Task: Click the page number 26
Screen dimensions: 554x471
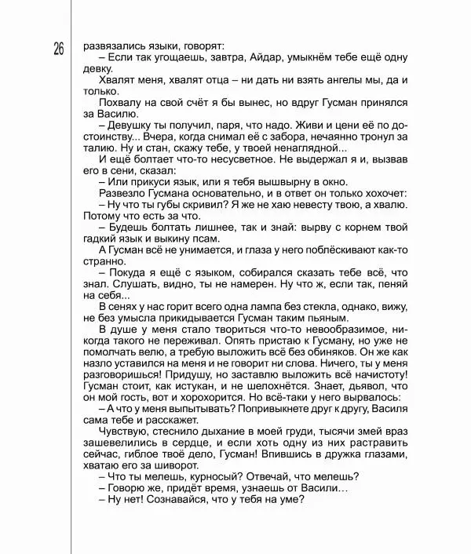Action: coord(59,49)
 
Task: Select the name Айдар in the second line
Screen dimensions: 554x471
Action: coord(272,57)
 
